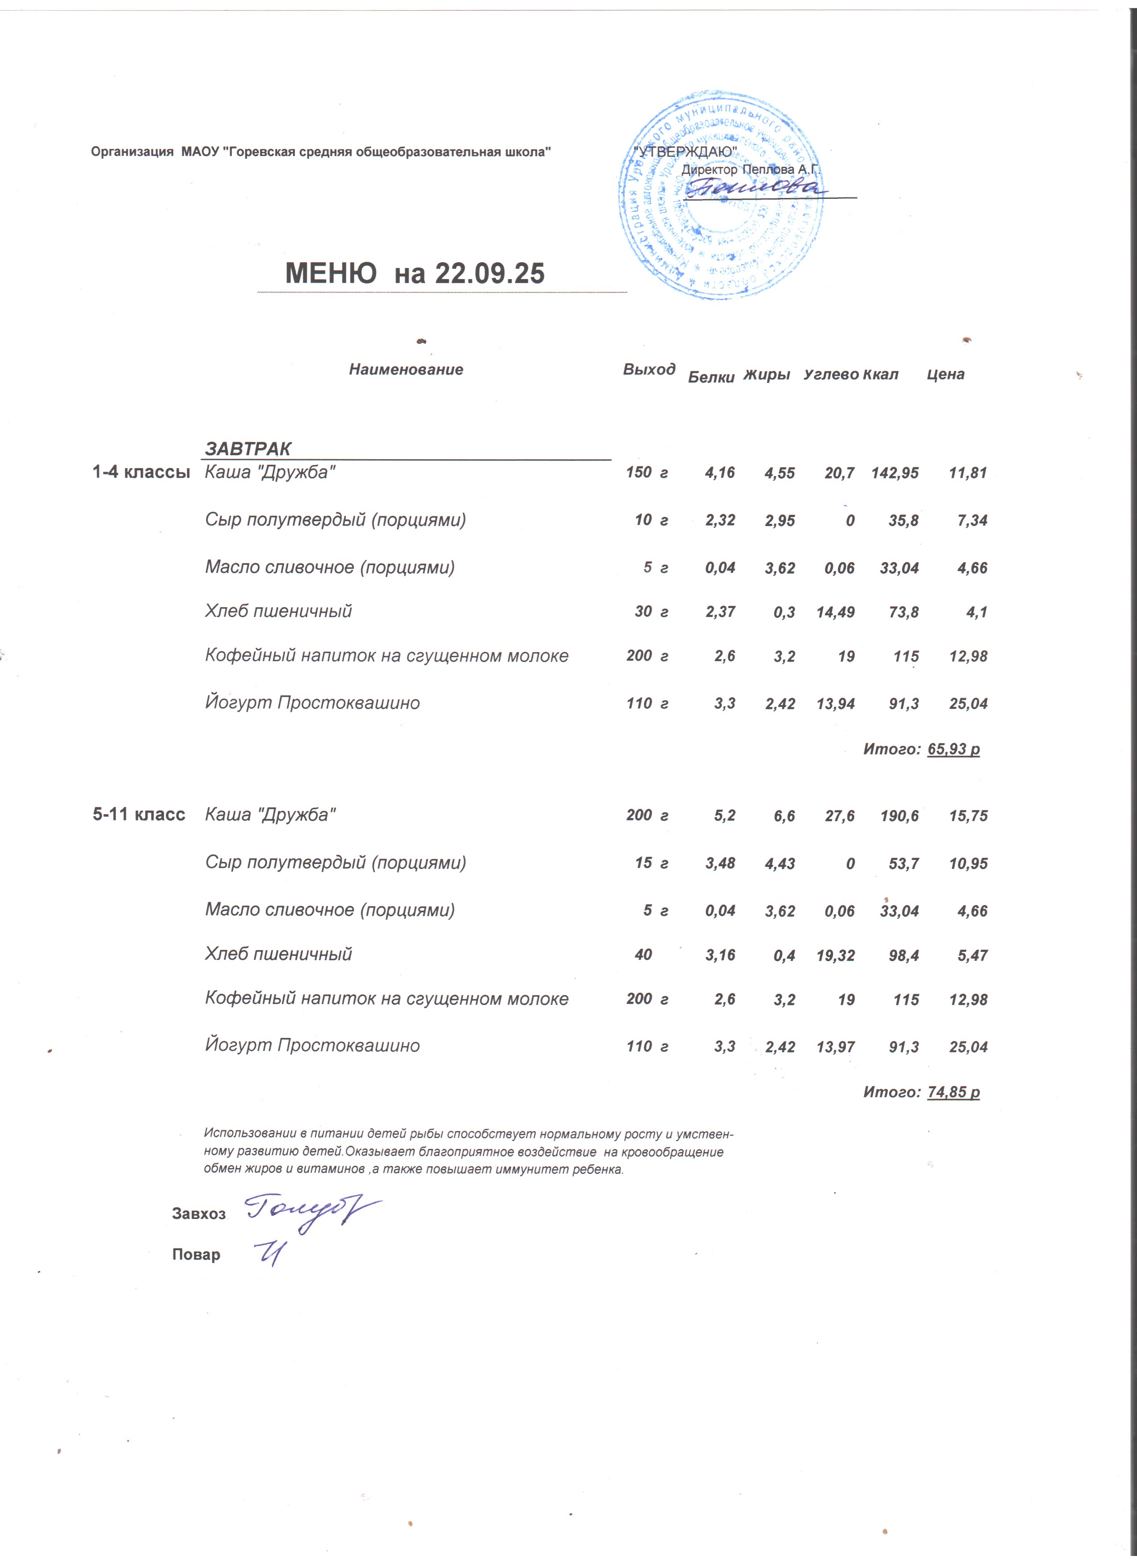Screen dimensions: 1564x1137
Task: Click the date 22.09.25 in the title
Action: point(490,274)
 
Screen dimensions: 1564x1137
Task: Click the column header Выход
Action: point(649,370)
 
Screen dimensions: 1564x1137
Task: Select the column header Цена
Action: point(945,375)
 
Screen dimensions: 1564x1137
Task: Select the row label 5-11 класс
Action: point(139,815)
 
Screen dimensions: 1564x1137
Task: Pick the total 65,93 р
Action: point(954,749)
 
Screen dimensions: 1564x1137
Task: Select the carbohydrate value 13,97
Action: point(835,1047)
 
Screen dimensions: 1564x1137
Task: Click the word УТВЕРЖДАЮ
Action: point(685,151)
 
